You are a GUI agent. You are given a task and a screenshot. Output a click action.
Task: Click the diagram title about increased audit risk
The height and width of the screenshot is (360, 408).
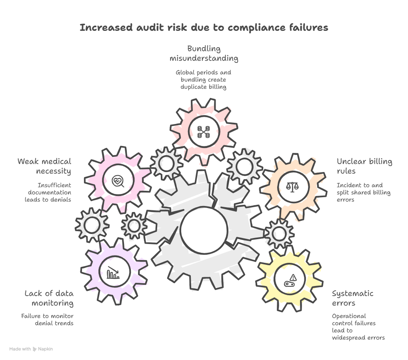(x=204, y=28)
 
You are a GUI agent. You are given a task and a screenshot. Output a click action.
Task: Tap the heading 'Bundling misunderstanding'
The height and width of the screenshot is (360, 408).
(x=204, y=54)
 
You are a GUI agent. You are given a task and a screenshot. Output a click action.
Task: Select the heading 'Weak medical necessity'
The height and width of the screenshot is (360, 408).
(x=44, y=166)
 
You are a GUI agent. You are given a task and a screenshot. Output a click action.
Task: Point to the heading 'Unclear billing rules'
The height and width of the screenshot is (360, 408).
(x=364, y=166)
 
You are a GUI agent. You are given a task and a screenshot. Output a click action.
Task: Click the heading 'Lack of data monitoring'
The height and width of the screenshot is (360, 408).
(x=49, y=298)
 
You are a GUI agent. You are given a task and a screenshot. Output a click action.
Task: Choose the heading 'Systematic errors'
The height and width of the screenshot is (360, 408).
(x=352, y=298)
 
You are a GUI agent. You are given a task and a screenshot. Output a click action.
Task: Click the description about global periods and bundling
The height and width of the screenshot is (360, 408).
(x=203, y=80)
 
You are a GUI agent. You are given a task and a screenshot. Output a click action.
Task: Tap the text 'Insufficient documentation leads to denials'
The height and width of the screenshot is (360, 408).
(x=48, y=192)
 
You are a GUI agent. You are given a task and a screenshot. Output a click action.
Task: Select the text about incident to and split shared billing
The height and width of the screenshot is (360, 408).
(x=363, y=192)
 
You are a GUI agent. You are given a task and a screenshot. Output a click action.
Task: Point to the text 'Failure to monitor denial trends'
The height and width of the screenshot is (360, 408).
(x=48, y=320)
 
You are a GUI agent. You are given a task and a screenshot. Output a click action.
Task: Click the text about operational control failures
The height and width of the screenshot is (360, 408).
(x=358, y=327)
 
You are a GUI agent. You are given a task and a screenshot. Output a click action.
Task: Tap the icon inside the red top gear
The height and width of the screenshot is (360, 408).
(x=204, y=132)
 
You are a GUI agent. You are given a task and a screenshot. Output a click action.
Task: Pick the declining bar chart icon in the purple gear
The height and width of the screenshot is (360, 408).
(x=113, y=274)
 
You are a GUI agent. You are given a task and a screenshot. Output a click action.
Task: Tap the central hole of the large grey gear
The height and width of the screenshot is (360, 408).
(x=204, y=230)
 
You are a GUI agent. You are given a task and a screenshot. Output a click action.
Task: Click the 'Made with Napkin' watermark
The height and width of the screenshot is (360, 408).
(x=31, y=349)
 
